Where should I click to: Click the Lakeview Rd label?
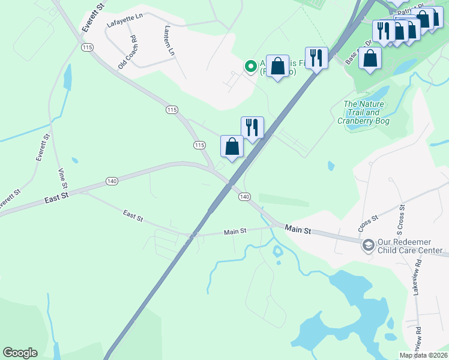click(x=418, y=275)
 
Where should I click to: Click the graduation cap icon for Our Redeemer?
click(x=367, y=245)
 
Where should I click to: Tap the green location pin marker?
click(x=250, y=66)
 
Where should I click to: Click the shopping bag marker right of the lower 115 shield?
click(x=232, y=146)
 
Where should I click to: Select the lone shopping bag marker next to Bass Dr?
click(x=370, y=58)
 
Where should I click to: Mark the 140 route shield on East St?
click(x=111, y=180)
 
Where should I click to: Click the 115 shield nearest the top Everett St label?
click(x=88, y=47)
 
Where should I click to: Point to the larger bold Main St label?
click(x=298, y=229)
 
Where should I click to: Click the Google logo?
click(x=20, y=353)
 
